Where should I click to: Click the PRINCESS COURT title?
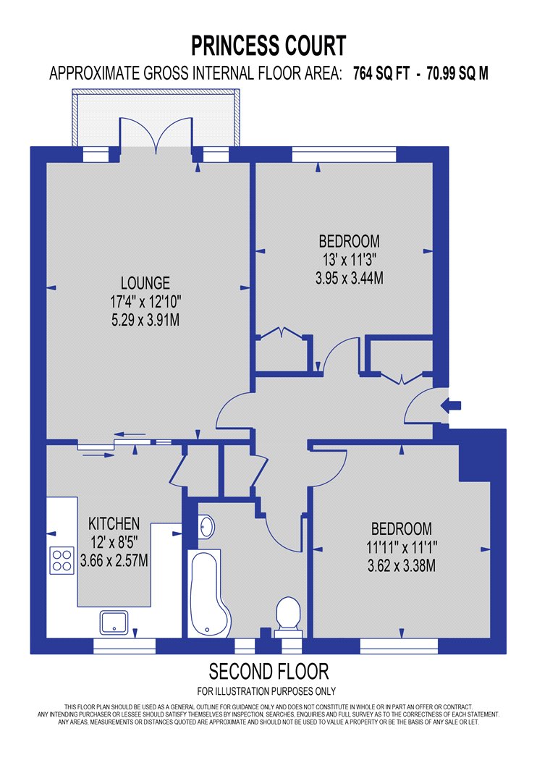(x=268, y=46)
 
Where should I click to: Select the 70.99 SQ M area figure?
(x=457, y=74)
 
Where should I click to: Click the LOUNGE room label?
(x=145, y=283)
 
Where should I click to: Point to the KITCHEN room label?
(x=114, y=523)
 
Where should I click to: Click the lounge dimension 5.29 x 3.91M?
(x=145, y=320)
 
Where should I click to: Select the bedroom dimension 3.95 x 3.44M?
(x=350, y=278)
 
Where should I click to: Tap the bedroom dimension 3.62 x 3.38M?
(x=401, y=565)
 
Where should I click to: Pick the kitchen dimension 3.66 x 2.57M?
(x=114, y=561)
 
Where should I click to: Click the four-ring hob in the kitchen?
(x=62, y=560)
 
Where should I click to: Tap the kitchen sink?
(x=114, y=622)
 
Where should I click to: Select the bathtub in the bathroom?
(x=209, y=594)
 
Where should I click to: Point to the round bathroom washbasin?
(x=206, y=527)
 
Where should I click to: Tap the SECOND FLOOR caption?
(x=268, y=672)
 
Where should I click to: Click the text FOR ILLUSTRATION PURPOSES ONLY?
(x=266, y=691)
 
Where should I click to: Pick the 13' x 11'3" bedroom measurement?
(x=350, y=260)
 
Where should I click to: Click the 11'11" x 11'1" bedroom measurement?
(x=401, y=547)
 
